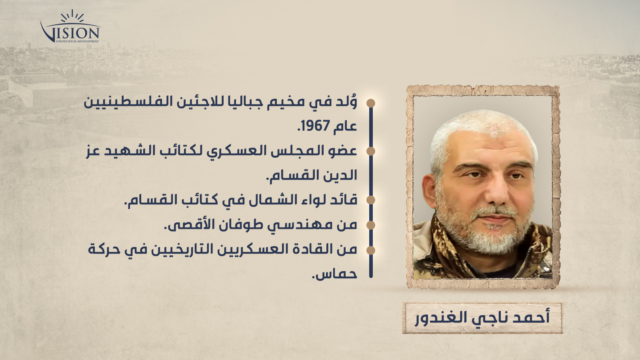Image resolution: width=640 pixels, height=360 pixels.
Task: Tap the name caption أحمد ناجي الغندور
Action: coord(482,318)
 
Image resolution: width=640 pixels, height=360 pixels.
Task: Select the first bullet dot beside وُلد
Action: coord(371,103)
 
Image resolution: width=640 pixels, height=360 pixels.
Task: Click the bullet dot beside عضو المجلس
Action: coord(371,151)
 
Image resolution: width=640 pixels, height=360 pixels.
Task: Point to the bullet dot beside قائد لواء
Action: coord(371,200)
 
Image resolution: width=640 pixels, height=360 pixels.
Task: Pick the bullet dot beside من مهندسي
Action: coord(371,225)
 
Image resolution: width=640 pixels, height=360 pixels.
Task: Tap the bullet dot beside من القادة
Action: coord(371,250)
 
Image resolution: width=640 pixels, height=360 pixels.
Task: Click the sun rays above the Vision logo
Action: coord(72,16)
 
